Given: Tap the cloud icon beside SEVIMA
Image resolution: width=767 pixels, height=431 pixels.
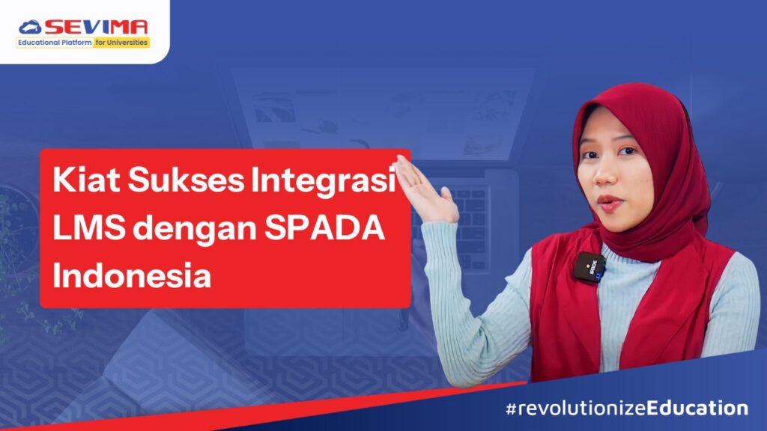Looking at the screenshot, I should tap(31, 28).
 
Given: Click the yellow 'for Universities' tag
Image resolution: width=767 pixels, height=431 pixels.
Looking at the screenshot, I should tap(121, 43).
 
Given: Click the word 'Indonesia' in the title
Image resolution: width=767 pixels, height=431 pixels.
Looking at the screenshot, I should tap(132, 276).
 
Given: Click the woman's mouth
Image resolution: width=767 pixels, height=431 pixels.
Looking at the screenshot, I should tap(608, 202).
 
